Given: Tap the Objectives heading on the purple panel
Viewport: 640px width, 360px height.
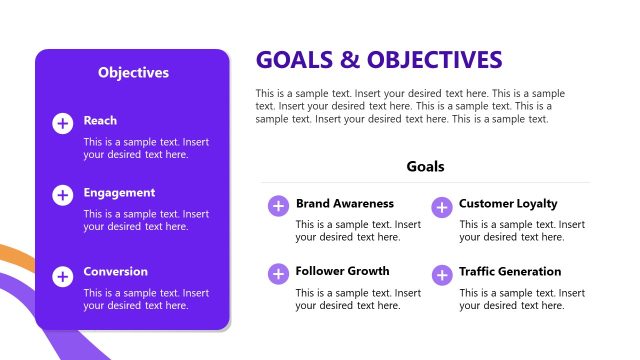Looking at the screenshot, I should (133, 72).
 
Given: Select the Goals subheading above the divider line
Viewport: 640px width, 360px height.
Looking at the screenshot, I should (425, 167).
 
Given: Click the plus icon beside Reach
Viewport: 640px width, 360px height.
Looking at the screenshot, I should (62, 123).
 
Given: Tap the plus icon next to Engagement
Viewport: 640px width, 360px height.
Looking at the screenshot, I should (62, 195).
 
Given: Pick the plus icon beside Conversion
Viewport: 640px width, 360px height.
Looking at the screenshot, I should (62, 274).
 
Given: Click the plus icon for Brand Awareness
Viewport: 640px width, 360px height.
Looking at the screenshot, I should (277, 206).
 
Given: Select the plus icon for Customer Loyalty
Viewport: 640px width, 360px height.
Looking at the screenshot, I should (441, 207).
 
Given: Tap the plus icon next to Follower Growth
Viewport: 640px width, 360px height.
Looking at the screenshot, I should (277, 273).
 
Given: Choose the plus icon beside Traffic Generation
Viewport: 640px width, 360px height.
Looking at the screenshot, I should (441, 274).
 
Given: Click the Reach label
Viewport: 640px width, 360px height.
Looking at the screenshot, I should (100, 121).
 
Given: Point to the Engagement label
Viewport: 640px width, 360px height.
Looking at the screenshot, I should (119, 193).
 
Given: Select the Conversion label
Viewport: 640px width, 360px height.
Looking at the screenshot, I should (115, 272).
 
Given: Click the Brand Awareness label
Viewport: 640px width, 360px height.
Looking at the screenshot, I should (344, 204).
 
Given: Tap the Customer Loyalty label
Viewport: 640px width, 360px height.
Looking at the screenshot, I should (508, 204).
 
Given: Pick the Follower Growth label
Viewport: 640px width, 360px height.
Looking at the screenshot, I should (342, 271).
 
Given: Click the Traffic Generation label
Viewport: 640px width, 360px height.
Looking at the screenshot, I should (510, 272).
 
